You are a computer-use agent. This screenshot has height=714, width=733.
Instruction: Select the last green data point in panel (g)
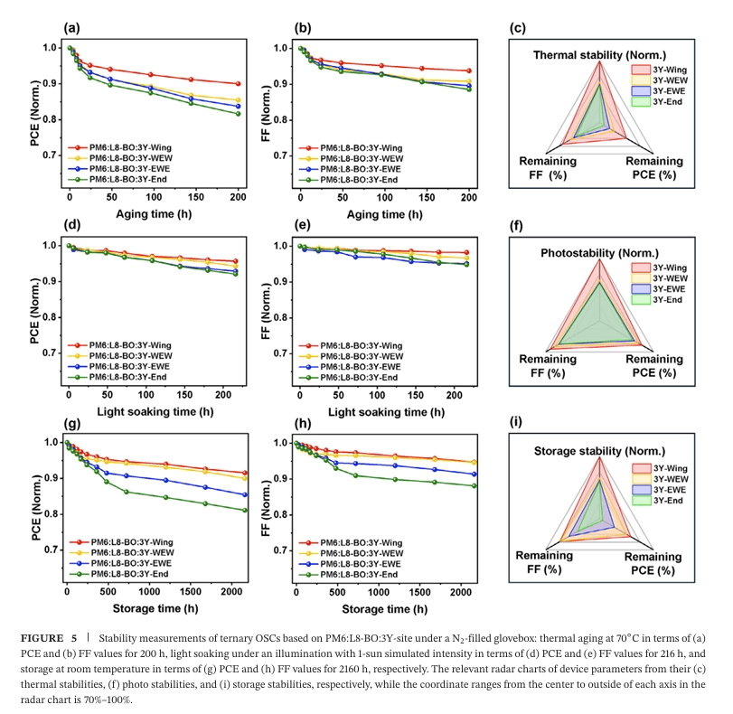246,510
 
